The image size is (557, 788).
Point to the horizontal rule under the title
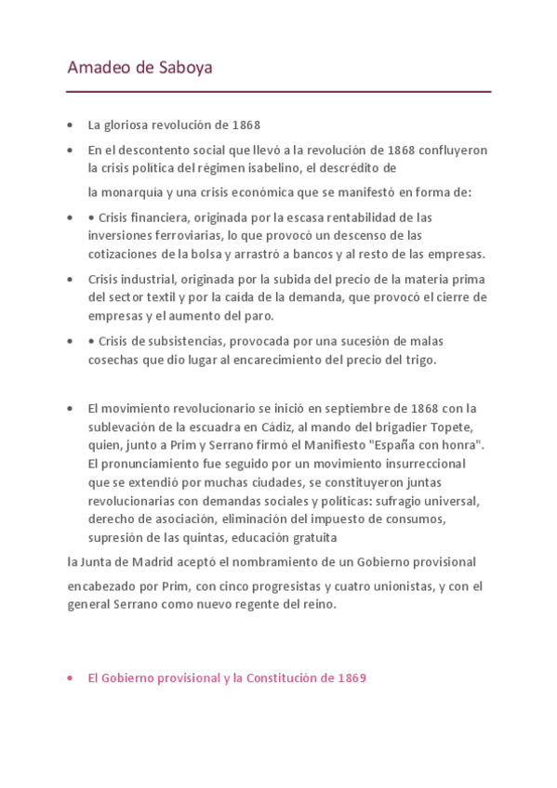coord(278,92)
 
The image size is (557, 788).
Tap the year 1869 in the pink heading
coord(351,678)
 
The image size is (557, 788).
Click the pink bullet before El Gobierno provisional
coord(71,679)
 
